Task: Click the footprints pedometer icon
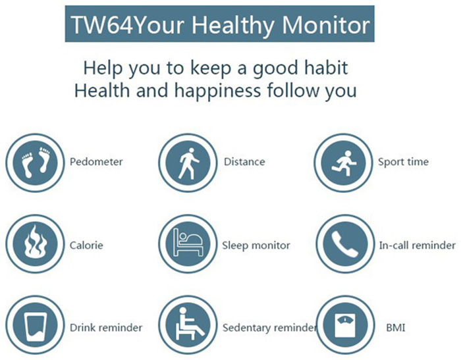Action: click(35, 163)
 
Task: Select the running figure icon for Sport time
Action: click(343, 163)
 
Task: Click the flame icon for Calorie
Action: click(35, 244)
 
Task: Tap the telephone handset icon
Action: click(345, 244)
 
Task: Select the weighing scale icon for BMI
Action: click(345, 325)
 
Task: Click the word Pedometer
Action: click(96, 162)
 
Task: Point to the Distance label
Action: click(244, 162)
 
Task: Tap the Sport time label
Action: click(403, 162)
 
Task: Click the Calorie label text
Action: click(86, 245)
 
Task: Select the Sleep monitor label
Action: click(256, 245)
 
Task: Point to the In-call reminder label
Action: click(417, 245)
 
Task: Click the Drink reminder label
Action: click(106, 327)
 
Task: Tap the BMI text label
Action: click(395, 327)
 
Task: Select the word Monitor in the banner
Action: click(326, 25)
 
